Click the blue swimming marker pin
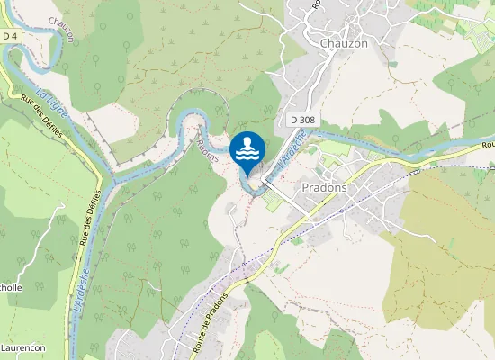pyautogui.click(x=247, y=149)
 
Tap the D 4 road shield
pyautogui.click(x=11, y=36)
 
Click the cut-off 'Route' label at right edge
pyautogui.click(x=488, y=144)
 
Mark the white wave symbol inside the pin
pyautogui.click(x=247, y=154)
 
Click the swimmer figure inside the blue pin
pyautogui.click(x=247, y=142)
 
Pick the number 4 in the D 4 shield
pyautogui.click(x=15, y=36)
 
